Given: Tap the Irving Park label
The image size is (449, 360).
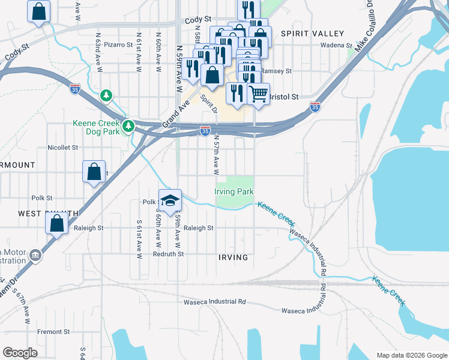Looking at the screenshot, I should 234,191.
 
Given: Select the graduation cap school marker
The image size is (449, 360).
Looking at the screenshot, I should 170,201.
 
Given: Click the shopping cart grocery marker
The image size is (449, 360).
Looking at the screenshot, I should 258,93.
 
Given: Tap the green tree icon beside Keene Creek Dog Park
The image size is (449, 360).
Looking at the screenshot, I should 128,126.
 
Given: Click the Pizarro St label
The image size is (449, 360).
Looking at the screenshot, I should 118,44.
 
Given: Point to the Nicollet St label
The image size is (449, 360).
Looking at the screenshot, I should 63,147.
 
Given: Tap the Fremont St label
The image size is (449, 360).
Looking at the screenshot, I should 53,332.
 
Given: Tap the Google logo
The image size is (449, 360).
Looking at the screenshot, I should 20,352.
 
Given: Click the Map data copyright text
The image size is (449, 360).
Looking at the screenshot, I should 411,355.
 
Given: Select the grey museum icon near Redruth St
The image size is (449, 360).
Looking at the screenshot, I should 35,256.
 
